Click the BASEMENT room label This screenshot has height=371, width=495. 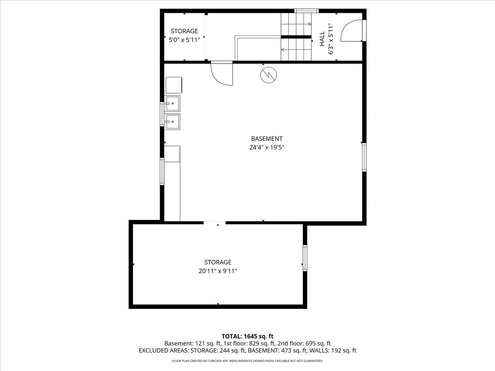click(266, 139)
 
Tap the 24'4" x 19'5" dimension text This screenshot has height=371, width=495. click(266, 147)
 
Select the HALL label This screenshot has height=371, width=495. click(322, 39)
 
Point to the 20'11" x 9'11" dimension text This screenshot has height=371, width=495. click(218, 271)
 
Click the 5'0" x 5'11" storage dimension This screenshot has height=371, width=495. click(184, 40)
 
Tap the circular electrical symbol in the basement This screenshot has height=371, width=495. click(269, 75)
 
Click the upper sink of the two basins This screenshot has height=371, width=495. click(172, 103)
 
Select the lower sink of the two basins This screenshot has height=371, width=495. click(172, 122)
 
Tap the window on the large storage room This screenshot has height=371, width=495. click(305, 258)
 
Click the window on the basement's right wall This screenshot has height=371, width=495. click(364, 157)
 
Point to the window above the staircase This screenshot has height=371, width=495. click(306, 11)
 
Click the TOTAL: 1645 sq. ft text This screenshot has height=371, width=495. click(247, 336)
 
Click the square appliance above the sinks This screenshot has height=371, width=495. click(174, 85)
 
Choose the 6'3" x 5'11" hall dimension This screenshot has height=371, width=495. click(331, 39)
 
